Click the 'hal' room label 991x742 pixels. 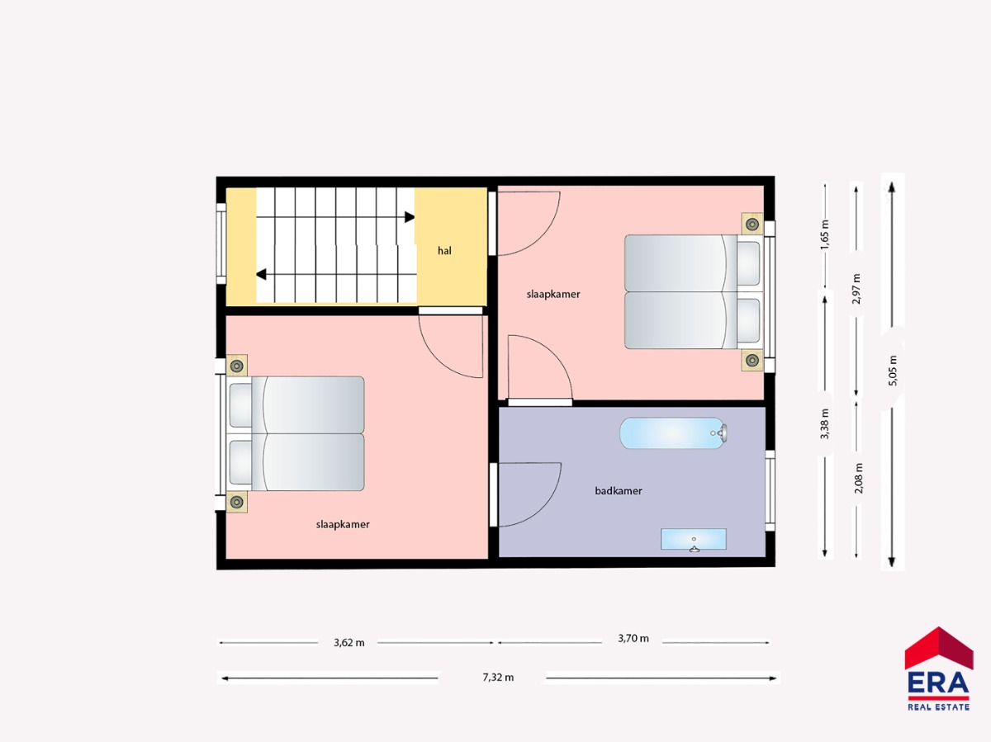[444, 251]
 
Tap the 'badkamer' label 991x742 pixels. [618, 491]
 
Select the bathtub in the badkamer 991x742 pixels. [673, 433]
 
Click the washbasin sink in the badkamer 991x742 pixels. [694, 540]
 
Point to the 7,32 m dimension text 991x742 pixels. [498, 677]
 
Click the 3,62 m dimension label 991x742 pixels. [349, 642]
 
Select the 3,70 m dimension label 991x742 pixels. [633, 638]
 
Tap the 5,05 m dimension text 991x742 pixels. [893, 371]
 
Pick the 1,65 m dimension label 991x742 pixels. [825, 234]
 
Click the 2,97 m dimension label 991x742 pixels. [856, 289]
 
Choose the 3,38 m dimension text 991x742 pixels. [825, 424]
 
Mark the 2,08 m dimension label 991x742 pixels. [859, 478]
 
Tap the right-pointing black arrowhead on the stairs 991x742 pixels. [410, 217]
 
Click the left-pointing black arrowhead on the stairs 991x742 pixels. [261, 274]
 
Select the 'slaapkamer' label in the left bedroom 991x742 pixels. [343, 525]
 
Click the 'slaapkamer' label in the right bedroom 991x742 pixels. [553, 294]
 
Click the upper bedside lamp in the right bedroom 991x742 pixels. [752, 224]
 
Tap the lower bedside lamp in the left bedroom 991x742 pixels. [237, 502]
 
